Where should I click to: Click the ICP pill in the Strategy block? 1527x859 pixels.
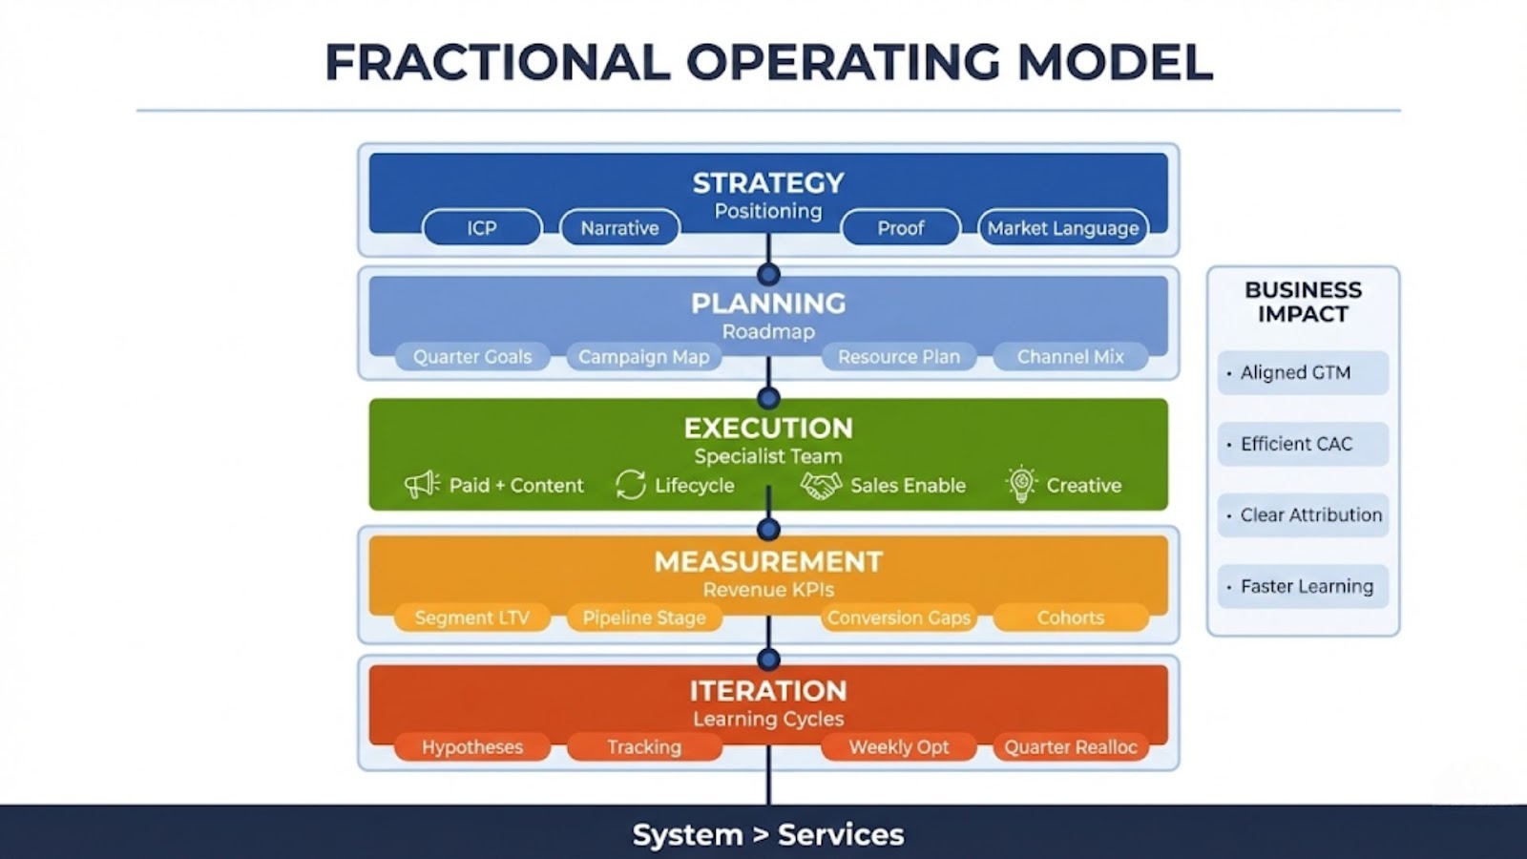482,228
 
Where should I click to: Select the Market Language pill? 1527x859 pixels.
1062,228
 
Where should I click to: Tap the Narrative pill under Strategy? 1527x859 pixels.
619,228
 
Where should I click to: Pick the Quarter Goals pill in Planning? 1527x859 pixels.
472,357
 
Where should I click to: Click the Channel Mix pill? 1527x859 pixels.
1070,357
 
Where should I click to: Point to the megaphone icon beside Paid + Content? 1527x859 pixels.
422,485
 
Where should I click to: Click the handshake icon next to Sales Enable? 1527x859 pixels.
821,485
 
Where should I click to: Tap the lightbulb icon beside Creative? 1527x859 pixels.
1021,484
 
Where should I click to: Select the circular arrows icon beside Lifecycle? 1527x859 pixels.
631,485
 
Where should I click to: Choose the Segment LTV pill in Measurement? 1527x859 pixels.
472,618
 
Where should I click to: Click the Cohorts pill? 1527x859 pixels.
1070,618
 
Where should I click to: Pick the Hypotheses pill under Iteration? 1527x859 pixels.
472,747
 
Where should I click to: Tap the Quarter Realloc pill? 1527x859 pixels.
1070,747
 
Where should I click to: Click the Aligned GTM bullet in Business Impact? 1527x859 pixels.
1303,373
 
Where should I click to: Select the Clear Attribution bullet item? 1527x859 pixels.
1303,515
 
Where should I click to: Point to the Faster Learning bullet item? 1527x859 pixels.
1303,587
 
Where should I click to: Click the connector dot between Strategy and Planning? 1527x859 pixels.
768,275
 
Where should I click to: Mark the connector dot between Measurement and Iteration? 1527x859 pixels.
768,660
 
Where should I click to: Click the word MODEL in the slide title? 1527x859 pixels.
1115,62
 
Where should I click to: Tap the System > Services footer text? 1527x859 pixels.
768,835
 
